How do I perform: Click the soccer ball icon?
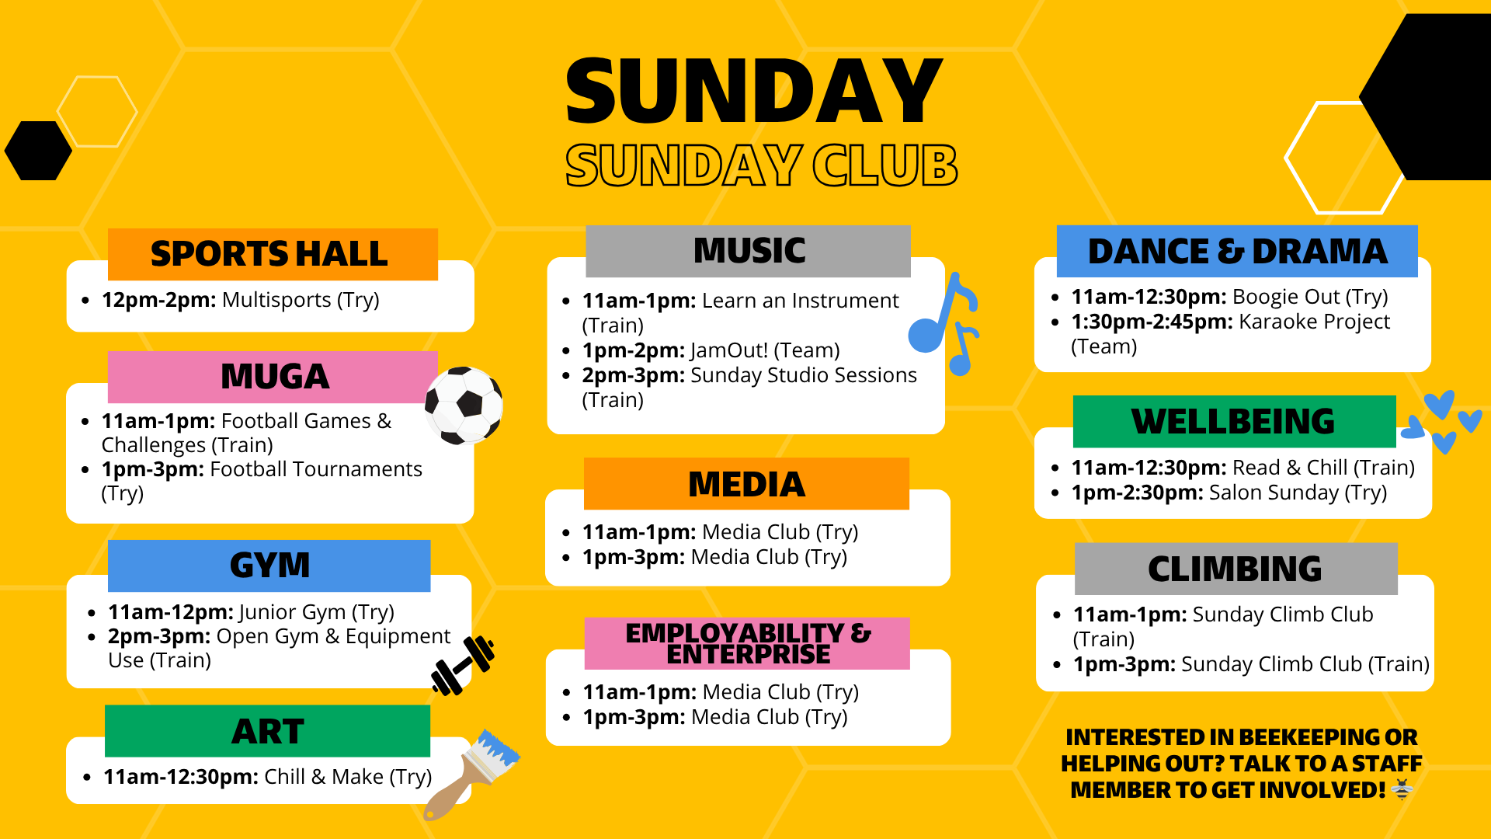coord(464,405)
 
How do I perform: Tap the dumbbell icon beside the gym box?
coord(463,665)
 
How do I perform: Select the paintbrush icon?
coord(471,775)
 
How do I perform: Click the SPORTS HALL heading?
coord(269,254)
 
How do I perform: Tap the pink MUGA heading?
coord(275,377)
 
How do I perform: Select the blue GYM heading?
coord(269,565)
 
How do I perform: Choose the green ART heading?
coord(268,731)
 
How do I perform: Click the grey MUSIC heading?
coord(749,250)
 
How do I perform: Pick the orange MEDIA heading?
coord(746,484)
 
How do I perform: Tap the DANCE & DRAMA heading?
coord(1237,251)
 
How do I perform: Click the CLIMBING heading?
coord(1235,569)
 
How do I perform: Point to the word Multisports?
coord(276,300)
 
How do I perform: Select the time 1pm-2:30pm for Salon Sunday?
coord(1137,493)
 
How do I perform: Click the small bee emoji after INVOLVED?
coord(1402,790)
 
